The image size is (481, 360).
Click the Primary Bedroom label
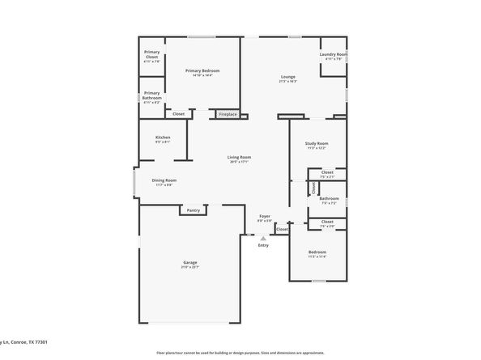(202, 71)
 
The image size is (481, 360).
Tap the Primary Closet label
(152, 54)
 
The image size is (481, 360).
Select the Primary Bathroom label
(152, 97)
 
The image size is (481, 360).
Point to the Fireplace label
(228, 114)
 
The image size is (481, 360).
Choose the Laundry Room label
(334, 55)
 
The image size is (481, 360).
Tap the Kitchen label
(163, 138)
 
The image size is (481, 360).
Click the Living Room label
(238, 157)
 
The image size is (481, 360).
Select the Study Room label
(316, 143)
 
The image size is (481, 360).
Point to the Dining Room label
(164, 180)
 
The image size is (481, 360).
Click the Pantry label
(193, 210)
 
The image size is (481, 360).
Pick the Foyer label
(264, 216)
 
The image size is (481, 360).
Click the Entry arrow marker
(262, 236)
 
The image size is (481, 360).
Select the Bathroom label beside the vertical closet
(329, 198)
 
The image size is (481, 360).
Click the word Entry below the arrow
(263, 245)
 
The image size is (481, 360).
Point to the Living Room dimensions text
(238, 162)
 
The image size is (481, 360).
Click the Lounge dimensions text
(287, 82)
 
